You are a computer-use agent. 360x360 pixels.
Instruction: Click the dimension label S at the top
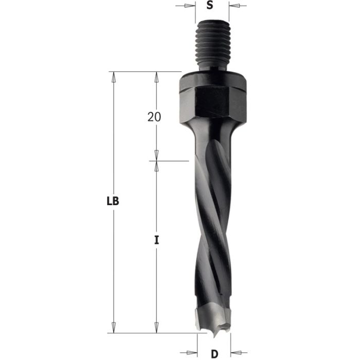point(209,6)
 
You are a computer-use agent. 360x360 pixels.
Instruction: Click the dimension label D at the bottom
point(214,354)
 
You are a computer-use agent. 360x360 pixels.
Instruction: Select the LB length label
point(114,202)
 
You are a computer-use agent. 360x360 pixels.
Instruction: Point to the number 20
point(154,117)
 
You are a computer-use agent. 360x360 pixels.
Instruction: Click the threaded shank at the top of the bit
point(213,47)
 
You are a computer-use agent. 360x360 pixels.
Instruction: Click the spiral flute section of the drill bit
point(211,216)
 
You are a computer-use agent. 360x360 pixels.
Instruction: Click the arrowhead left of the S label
point(193,6)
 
